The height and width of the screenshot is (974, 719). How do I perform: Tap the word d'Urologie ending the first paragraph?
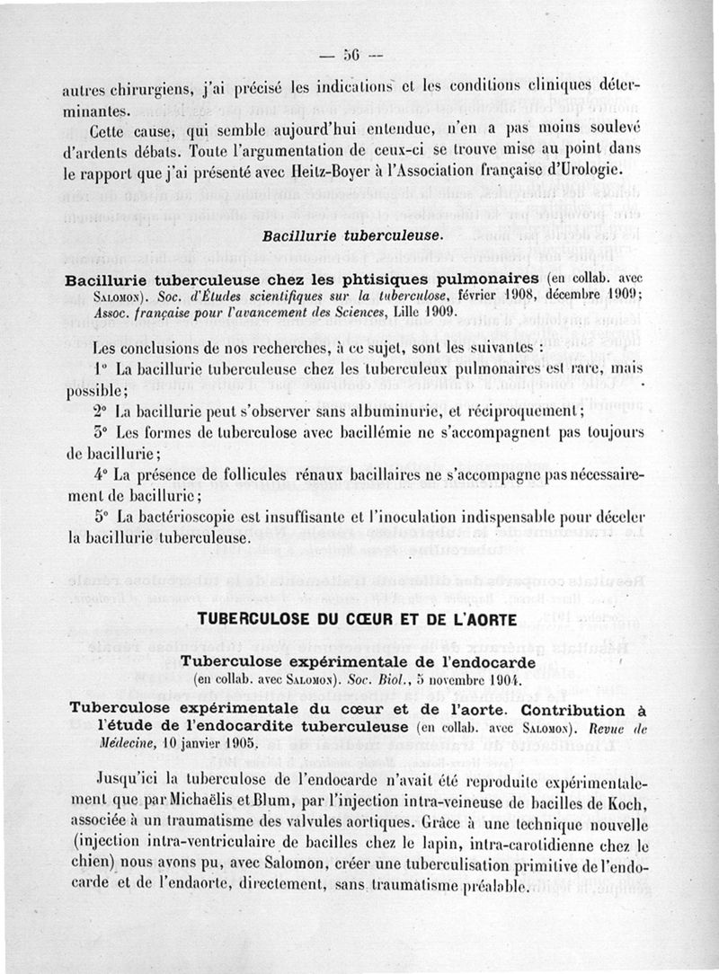tap(599, 167)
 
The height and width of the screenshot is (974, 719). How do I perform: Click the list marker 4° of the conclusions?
tap(101, 474)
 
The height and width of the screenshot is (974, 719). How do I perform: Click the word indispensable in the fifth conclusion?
tap(485, 518)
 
